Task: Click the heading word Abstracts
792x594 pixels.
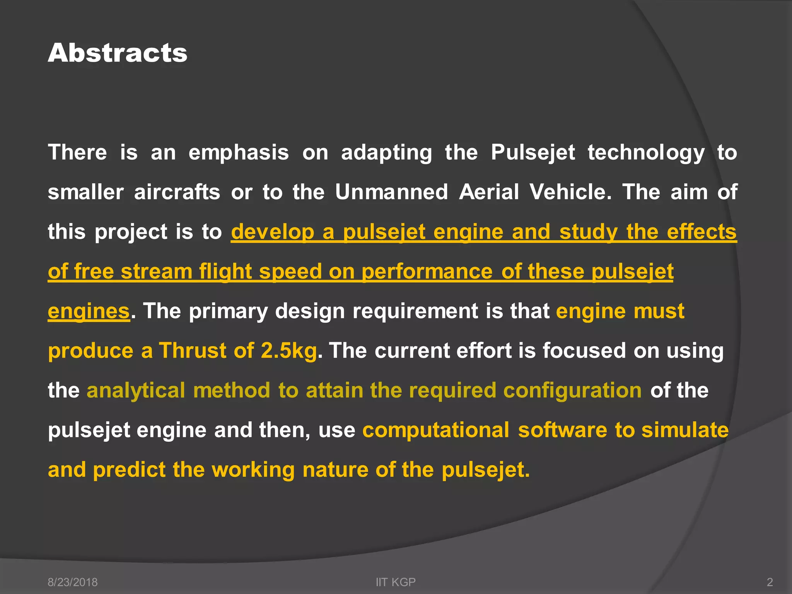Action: point(118,53)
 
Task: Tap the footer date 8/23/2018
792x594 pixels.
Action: point(72,582)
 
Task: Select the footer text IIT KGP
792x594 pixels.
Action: point(396,582)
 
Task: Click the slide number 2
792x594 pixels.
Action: point(770,582)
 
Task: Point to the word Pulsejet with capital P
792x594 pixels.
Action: point(533,152)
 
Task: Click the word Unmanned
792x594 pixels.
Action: point(391,192)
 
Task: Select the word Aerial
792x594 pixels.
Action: point(489,192)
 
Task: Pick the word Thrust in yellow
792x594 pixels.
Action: point(192,351)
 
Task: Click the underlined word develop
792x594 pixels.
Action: point(272,232)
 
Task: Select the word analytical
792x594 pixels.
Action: point(135,391)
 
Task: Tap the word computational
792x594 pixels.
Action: point(435,430)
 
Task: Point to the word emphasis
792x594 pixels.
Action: point(238,152)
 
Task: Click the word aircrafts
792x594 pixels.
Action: point(177,192)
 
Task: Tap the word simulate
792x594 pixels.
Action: point(685,430)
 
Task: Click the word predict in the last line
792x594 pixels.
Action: point(129,470)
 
